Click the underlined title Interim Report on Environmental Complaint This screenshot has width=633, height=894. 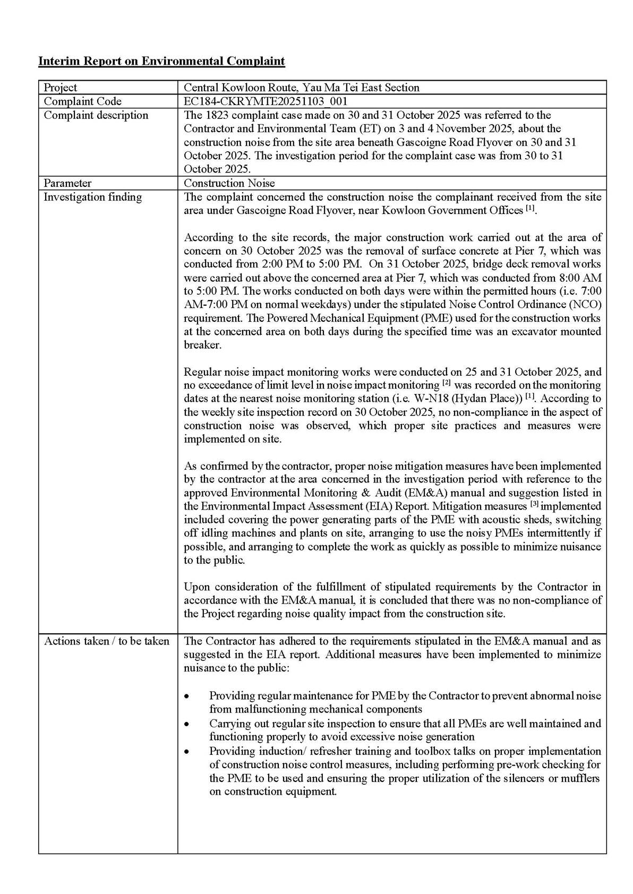[x=161, y=62]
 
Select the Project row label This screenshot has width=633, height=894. [x=60, y=88]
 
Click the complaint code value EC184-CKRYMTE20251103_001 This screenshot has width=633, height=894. [x=266, y=101]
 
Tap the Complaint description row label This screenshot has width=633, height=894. [x=96, y=115]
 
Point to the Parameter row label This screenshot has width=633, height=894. [x=67, y=183]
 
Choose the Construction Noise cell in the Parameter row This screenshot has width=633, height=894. [x=229, y=183]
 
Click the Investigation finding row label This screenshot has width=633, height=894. [x=92, y=197]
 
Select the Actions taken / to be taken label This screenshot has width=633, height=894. [x=106, y=641]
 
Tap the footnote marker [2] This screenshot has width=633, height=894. [x=446, y=382]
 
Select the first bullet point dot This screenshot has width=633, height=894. [x=186, y=696]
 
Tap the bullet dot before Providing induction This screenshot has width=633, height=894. [x=186, y=752]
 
